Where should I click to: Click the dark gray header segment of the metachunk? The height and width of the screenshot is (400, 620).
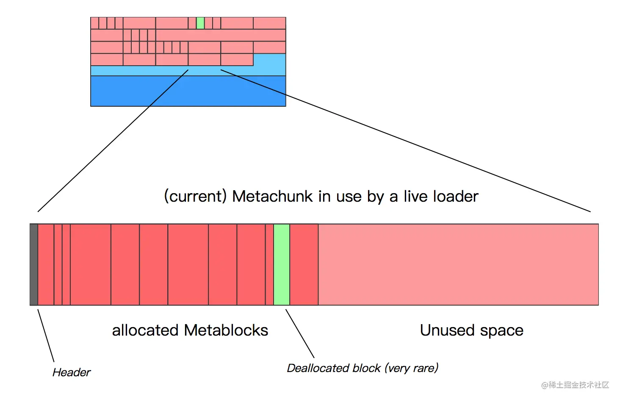34,264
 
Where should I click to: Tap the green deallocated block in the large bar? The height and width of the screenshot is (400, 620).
282,264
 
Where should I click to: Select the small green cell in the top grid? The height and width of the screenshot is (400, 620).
200,23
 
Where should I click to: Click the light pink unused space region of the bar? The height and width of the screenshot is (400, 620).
458,264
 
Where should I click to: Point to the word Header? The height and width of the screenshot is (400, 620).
72,372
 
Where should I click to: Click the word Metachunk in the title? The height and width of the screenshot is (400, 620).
272,197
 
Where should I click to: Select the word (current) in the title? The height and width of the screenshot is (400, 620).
195,197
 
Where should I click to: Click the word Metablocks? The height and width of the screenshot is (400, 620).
226,330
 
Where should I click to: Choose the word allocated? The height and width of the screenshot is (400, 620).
145,330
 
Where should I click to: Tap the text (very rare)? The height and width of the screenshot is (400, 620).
412,369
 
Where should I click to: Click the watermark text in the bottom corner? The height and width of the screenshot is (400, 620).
575,385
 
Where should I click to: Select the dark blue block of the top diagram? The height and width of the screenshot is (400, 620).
188,91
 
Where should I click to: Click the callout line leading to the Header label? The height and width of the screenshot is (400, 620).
46,336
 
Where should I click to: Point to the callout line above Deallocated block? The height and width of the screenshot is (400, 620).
300,333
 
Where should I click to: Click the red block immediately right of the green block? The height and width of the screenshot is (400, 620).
304,264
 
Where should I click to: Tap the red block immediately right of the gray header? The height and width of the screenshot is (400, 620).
46,264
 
